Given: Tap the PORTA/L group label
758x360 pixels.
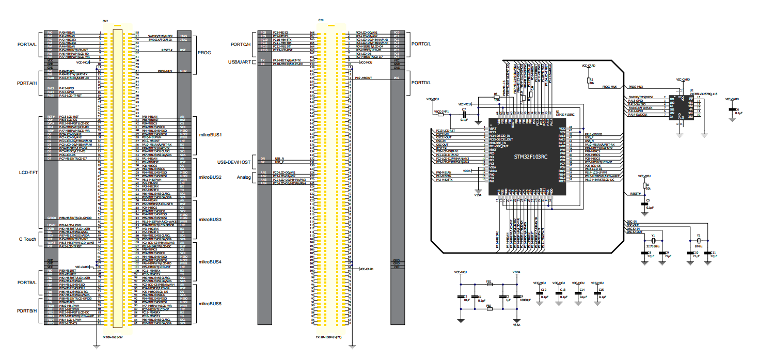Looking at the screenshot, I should click(x=27, y=44).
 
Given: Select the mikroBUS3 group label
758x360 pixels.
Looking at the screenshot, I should click(x=210, y=220).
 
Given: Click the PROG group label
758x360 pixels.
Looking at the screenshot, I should click(x=204, y=53).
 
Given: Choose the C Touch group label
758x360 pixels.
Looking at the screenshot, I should click(x=27, y=239).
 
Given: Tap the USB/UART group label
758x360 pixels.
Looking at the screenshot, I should click(x=240, y=62).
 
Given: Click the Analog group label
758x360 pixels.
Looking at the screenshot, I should click(x=244, y=178).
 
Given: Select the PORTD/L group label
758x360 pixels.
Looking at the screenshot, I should click(x=421, y=83).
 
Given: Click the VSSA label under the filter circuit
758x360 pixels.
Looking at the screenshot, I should click(x=516, y=325).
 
